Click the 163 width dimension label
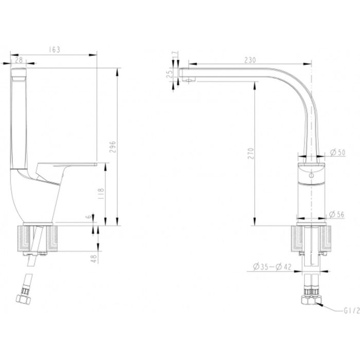click(x=55, y=50)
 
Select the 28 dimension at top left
click(x=19, y=60)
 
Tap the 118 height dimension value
click(x=101, y=193)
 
